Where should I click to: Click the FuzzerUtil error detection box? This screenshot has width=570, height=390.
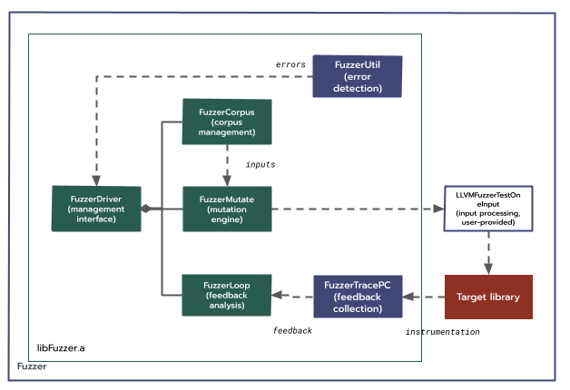click(x=357, y=76)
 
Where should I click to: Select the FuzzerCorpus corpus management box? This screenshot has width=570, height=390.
click(x=227, y=122)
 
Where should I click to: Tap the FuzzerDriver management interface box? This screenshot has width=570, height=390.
click(x=96, y=208)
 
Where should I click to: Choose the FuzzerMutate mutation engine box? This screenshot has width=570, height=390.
click(x=227, y=209)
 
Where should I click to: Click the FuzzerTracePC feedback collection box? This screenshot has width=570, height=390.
click(x=357, y=297)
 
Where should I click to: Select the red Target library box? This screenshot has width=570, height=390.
click(x=488, y=297)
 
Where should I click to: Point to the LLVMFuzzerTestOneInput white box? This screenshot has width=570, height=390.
click(x=488, y=209)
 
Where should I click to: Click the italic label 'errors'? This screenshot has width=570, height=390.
click(x=291, y=64)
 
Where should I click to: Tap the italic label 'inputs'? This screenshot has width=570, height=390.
click(x=260, y=164)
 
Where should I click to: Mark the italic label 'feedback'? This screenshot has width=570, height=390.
click(x=292, y=331)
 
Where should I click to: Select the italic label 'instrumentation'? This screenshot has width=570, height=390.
click(x=442, y=333)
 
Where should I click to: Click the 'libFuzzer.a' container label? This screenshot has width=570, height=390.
click(x=61, y=347)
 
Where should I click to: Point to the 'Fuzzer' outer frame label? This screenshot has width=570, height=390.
click(x=33, y=367)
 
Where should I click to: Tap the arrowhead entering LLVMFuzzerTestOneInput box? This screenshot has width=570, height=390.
click(x=436, y=209)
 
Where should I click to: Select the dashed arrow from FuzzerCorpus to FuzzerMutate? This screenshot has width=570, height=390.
click(x=227, y=164)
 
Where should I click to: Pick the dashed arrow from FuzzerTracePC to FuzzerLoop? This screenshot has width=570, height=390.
click(x=292, y=296)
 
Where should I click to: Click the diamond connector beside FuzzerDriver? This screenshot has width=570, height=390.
click(x=145, y=209)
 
